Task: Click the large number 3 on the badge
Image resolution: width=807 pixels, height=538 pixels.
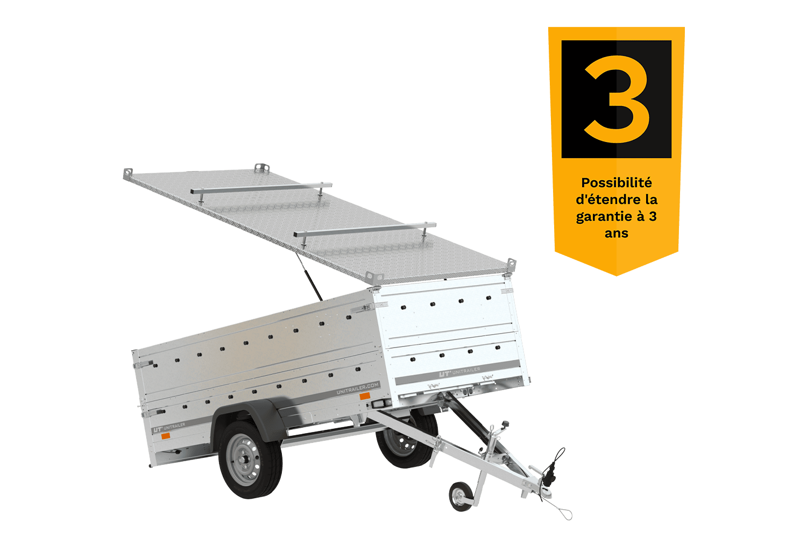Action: click(x=617, y=99)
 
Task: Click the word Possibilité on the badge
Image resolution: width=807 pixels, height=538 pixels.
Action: click(x=617, y=183)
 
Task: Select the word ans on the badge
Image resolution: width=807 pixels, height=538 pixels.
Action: click(x=617, y=233)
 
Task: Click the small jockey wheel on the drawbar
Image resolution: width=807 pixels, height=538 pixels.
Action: click(x=461, y=496)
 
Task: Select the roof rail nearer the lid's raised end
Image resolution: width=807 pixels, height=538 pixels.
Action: click(x=261, y=189)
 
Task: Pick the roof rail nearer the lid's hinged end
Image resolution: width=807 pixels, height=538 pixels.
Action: click(x=365, y=231)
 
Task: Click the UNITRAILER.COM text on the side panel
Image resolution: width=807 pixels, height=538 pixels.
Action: click(x=358, y=388)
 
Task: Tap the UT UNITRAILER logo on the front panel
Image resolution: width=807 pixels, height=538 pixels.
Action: click(x=459, y=372)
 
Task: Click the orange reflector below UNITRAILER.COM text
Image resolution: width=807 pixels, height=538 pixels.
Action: click(x=365, y=397)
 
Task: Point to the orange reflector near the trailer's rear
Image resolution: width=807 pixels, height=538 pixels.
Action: click(x=165, y=436)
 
